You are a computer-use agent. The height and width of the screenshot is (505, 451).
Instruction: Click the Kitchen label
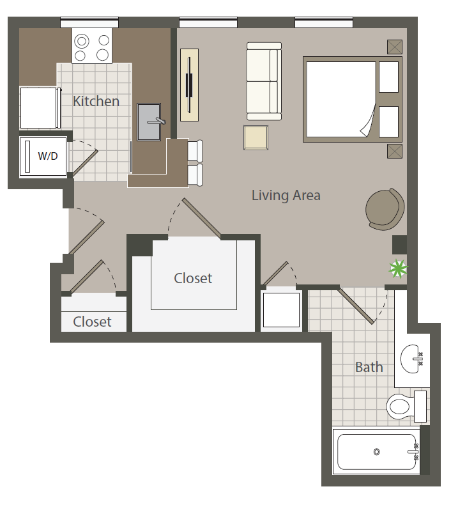coord(96,101)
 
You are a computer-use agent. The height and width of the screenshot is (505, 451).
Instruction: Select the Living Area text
coord(286,195)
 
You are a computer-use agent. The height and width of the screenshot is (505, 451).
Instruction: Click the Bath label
coord(369,367)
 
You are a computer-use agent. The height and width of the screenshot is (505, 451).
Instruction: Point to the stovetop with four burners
coord(92,48)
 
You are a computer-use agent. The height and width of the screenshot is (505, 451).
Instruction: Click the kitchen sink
coord(149,121)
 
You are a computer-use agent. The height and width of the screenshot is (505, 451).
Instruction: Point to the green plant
coord(398,269)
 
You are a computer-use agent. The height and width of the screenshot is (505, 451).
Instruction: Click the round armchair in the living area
coord(385,208)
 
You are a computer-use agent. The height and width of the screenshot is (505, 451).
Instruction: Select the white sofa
coord(264,81)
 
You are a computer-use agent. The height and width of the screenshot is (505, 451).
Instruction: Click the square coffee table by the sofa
coord(256,137)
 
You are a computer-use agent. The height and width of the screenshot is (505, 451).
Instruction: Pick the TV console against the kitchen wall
coord(189,84)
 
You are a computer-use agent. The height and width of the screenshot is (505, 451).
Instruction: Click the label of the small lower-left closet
coord(92,322)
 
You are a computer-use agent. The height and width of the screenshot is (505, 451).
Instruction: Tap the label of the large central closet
coord(193,279)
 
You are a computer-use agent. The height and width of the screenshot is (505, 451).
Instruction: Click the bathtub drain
coord(376,453)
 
